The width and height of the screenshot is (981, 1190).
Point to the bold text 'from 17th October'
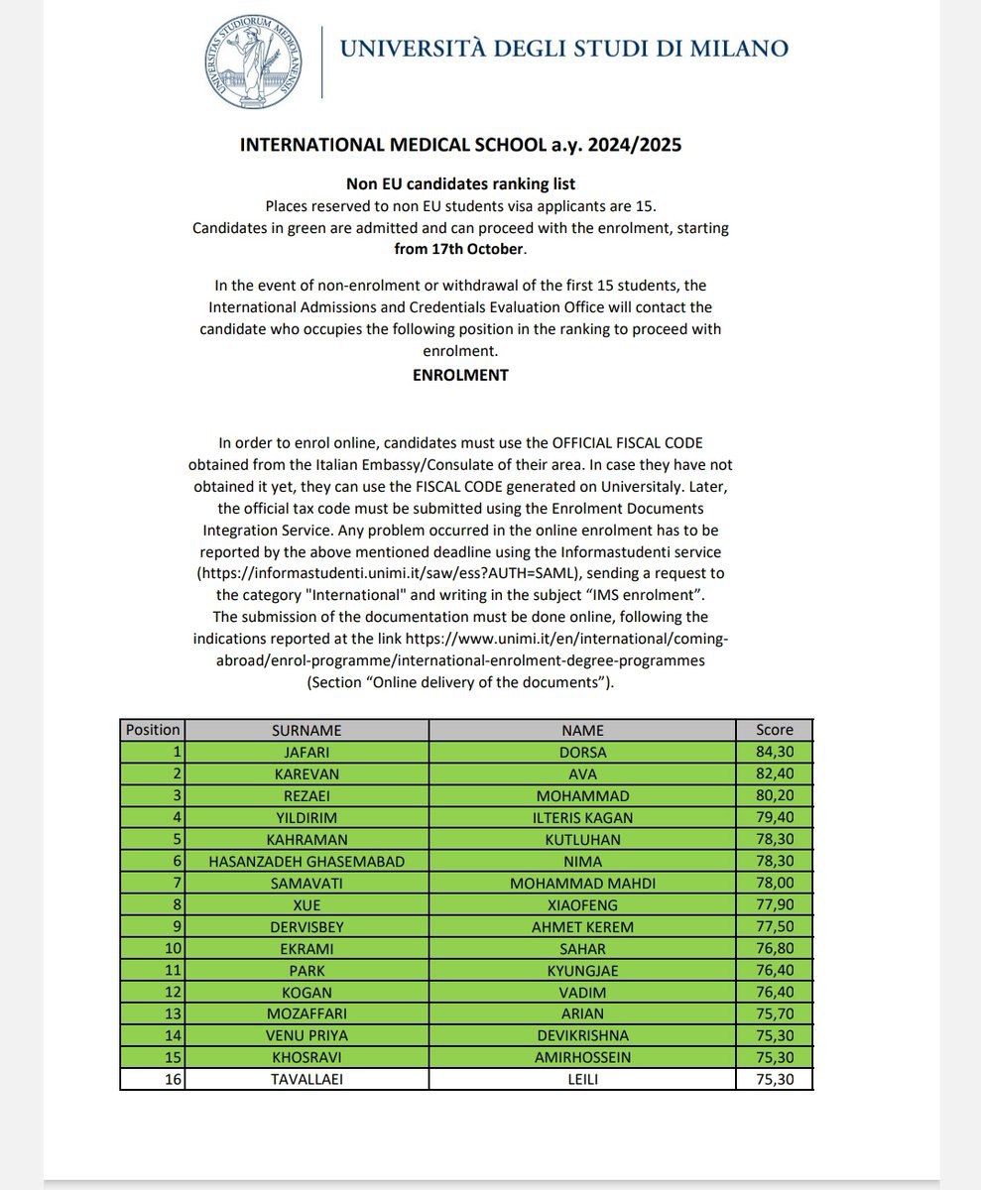click(x=459, y=248)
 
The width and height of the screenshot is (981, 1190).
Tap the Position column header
click(x=153, y=730)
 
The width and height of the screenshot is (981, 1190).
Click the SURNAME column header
click(x=307, y=730)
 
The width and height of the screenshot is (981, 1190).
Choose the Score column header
click(x=774, y=730)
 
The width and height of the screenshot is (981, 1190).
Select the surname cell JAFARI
click(x=307, y=752)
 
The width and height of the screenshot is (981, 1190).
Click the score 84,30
click(x=774, y=752)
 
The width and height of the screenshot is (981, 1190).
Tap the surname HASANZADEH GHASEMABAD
click(x=307, y=861)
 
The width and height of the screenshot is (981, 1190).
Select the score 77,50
click(x=774, y=926)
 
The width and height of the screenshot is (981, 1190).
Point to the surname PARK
click(x=307, y=970)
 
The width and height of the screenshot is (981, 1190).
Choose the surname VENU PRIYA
click(x=307, y=1035)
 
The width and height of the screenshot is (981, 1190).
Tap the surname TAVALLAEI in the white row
click(x=307, y=1079)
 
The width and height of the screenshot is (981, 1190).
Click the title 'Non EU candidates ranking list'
click(x=460, y=183)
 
